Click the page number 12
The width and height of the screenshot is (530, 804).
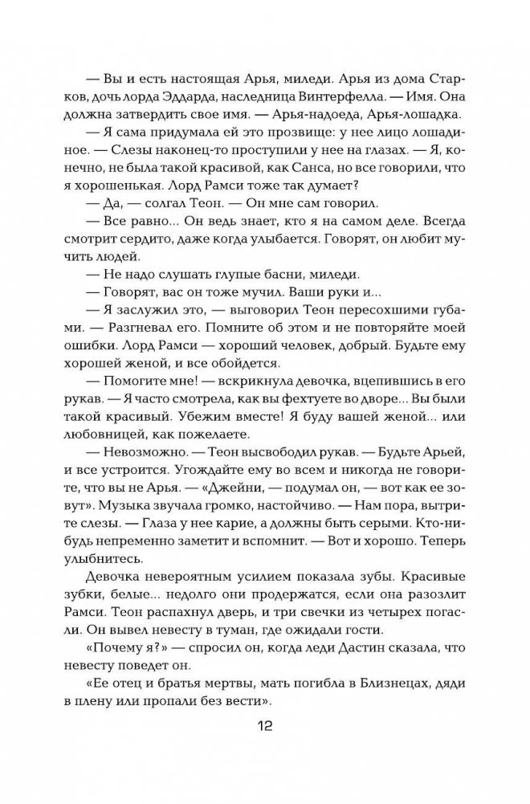265,727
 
